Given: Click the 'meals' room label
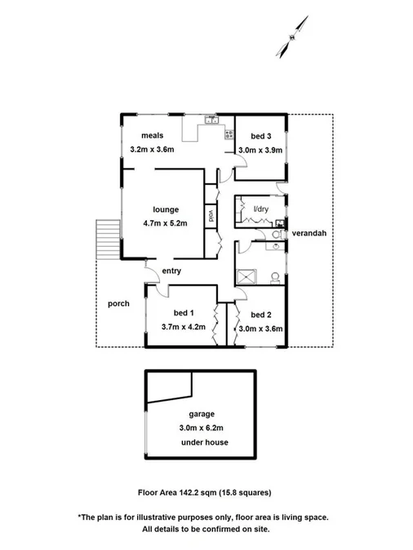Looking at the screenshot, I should pos(153,135).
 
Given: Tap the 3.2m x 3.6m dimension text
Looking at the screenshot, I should pos(153,149).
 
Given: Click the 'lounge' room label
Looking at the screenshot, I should pos(164,209).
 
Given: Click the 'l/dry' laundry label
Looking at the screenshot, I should pos(260,210).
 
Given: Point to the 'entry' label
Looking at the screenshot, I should pos(171,271).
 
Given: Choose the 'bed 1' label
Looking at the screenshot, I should pos(183,313).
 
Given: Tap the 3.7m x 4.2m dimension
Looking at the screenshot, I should pos(184,328).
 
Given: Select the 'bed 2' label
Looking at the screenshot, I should pos(260,315).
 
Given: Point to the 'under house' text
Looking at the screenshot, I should pos(204,442).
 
